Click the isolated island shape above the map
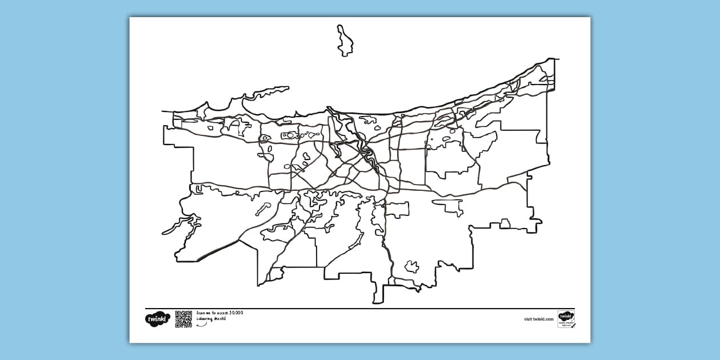tap(344, 41)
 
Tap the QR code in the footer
tap(183, 319)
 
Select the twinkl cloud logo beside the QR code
tap(157, 319)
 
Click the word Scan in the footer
tap(200, 313)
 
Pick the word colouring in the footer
tap(203, 318)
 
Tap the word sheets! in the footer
tap(219, 318)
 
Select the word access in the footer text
tap(221, 313)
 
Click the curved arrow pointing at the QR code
tap(202, 325)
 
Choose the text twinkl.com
tap(543, 319)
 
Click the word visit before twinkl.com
tap(528, 319)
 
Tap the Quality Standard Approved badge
tap(566, 319)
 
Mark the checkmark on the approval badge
tap(573, 325)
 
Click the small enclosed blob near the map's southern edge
tap(411, 266)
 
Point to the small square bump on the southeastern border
tap(505, 223)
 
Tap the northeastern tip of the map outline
tap(555, 59)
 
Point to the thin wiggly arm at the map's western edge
tap(174, 229)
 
